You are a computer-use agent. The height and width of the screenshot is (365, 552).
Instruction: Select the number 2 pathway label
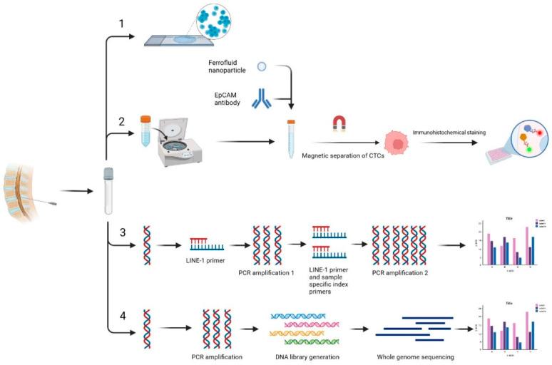pyautogui.click(x=122, y=120)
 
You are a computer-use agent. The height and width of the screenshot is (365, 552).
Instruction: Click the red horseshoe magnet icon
pyautogui.click(x=339, y=125)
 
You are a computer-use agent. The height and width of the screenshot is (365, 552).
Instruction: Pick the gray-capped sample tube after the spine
pyautogui.click(x=108, y=190)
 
